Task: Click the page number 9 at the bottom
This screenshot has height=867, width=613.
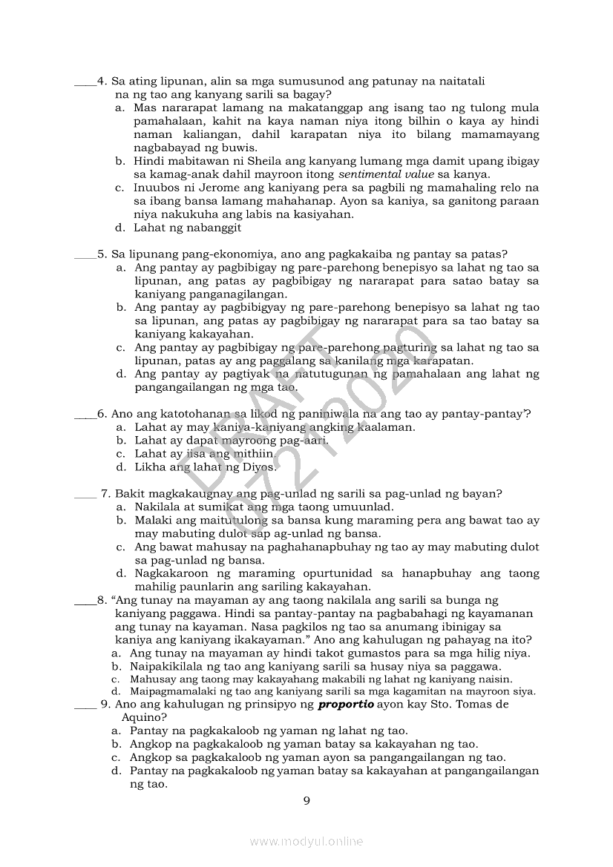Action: [306, 800]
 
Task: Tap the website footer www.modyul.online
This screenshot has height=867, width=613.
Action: [306, 841]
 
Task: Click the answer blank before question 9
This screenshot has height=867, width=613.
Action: [86, 705]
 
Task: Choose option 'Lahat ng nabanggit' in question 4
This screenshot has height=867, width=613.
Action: [187, 228]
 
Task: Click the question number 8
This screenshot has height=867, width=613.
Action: [102, 600]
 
